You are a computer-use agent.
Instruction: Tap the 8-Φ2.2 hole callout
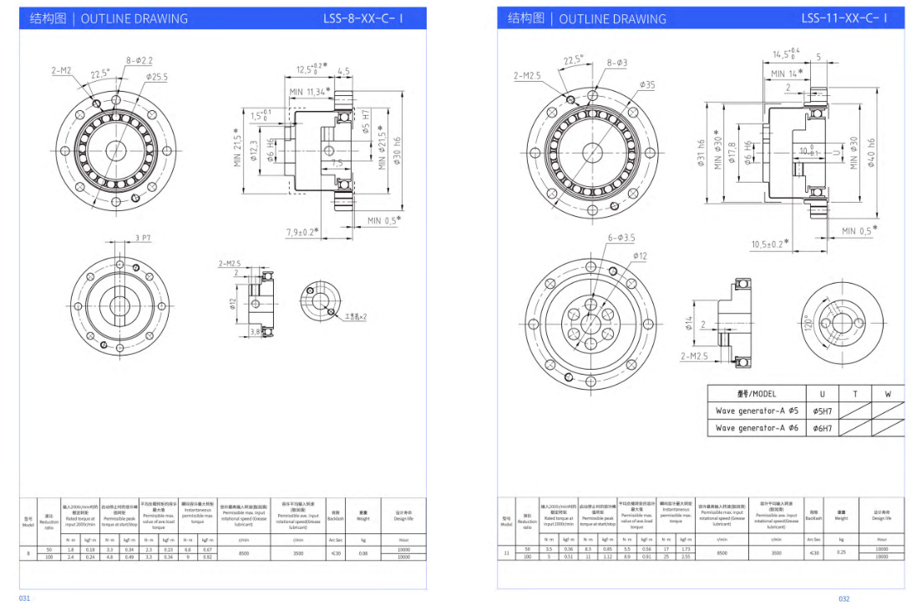coord(140,61)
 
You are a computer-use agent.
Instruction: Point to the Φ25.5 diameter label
coord(156,77)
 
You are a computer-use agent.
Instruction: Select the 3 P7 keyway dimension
coord(143,239)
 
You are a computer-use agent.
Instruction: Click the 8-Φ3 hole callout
coord(617,63)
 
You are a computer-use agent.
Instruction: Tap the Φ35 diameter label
coord(647,84)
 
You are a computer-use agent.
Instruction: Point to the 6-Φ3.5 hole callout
coord(619,238)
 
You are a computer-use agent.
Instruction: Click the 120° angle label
coord(808,324)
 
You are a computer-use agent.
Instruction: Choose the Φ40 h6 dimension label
coord(872,153)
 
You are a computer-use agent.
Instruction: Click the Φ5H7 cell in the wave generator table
coord(822,411)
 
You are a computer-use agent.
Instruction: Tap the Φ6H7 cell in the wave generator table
coord(822,428)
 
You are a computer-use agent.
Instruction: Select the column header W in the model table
coord(887,393)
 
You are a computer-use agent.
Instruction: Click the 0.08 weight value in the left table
coord(362,553)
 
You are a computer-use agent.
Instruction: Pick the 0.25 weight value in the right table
coord(841,552)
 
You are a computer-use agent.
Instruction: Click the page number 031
coord(24,598)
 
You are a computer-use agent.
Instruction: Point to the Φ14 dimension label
coord(691,323)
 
